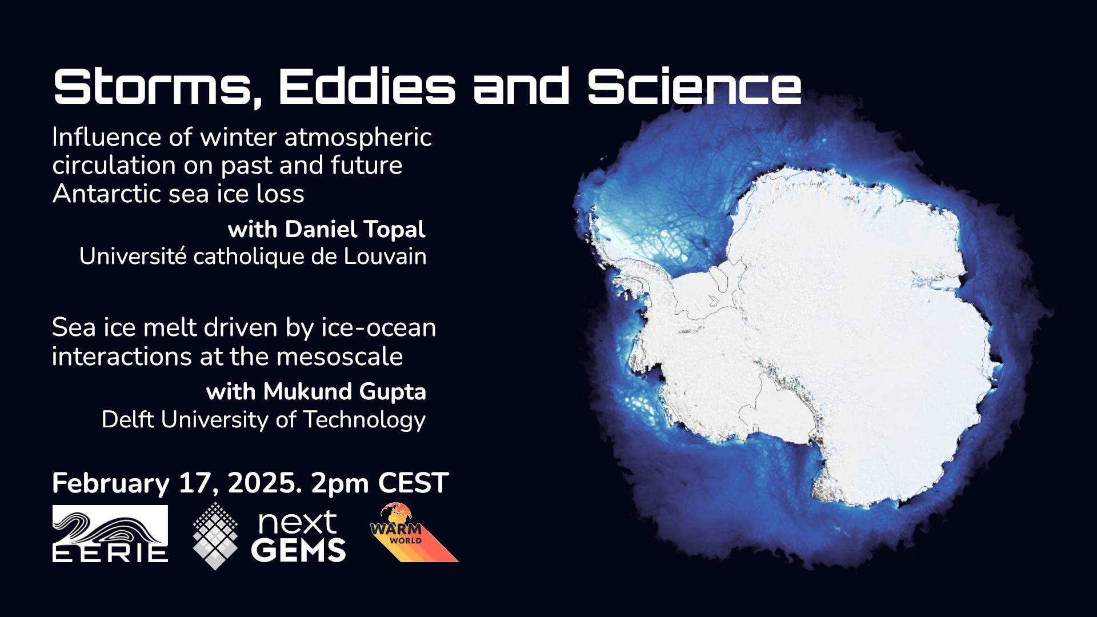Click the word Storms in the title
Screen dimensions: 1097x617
(x=154, y=87)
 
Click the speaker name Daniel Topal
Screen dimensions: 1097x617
(x=355, y=229)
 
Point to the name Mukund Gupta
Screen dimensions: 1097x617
(x=345, y=392)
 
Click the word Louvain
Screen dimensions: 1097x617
(x=385, y=257)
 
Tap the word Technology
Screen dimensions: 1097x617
(x=364, y=420)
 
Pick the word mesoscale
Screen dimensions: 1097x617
(x=339, y=356)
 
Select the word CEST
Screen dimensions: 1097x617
(x=413, y=483)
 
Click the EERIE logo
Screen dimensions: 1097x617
(x=110, y=534)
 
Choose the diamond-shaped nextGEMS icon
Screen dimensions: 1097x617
(x=215, y=536)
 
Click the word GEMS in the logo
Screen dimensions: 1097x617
(x=298, y=550)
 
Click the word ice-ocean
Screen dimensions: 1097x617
(x=378, y=328)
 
